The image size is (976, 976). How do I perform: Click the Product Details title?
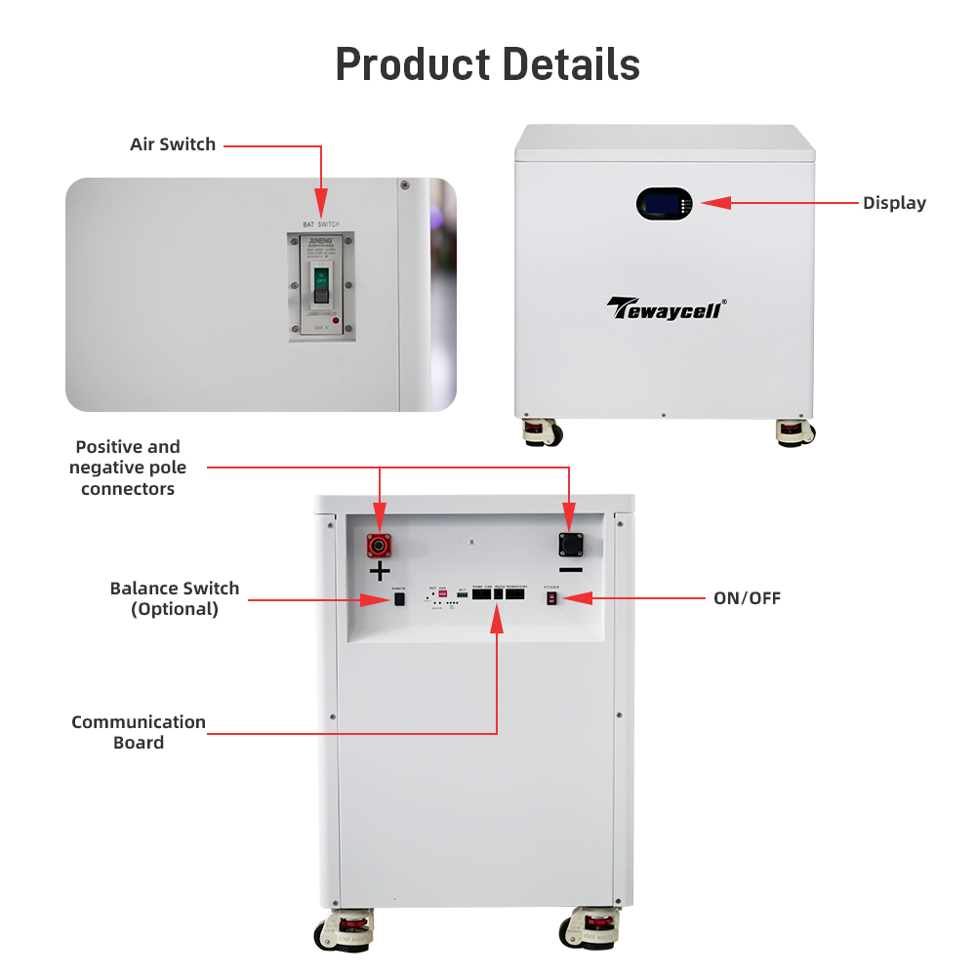pyautogui.click(x=488, y=64)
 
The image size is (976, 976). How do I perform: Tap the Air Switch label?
pyautogui.click(x=173, y=144)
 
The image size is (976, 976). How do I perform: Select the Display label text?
pyautogui.click(x=894, y=203)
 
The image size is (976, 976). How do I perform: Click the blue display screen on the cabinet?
pyautogui.click(x=660, y=204)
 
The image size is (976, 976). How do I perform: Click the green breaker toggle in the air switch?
pyautogui.click(x=319, y=284)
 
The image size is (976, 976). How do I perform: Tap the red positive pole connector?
pyautogui.click(x=378, y=545)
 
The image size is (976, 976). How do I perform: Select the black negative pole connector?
pyautogui.click(x=570, y=545)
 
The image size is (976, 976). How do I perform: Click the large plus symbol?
pyautogui.click(x=380, y=572)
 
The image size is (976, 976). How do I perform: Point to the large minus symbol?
pyautogui.click(x=571, y=570)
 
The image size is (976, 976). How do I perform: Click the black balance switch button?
pyautogui.click(x=398, y=599)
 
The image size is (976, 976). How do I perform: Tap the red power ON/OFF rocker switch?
pyautogui.click(x=551, y=597)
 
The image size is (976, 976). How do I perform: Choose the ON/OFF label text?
pyautogui.click(x=747, y=598)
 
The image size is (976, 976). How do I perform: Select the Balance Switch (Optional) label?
pyautogui.click(x=175, y=598)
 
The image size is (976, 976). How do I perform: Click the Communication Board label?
pyautogui.click(x=139, y=732)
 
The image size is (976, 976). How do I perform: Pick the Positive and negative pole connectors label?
pyautogui.click(x=128, y=468)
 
